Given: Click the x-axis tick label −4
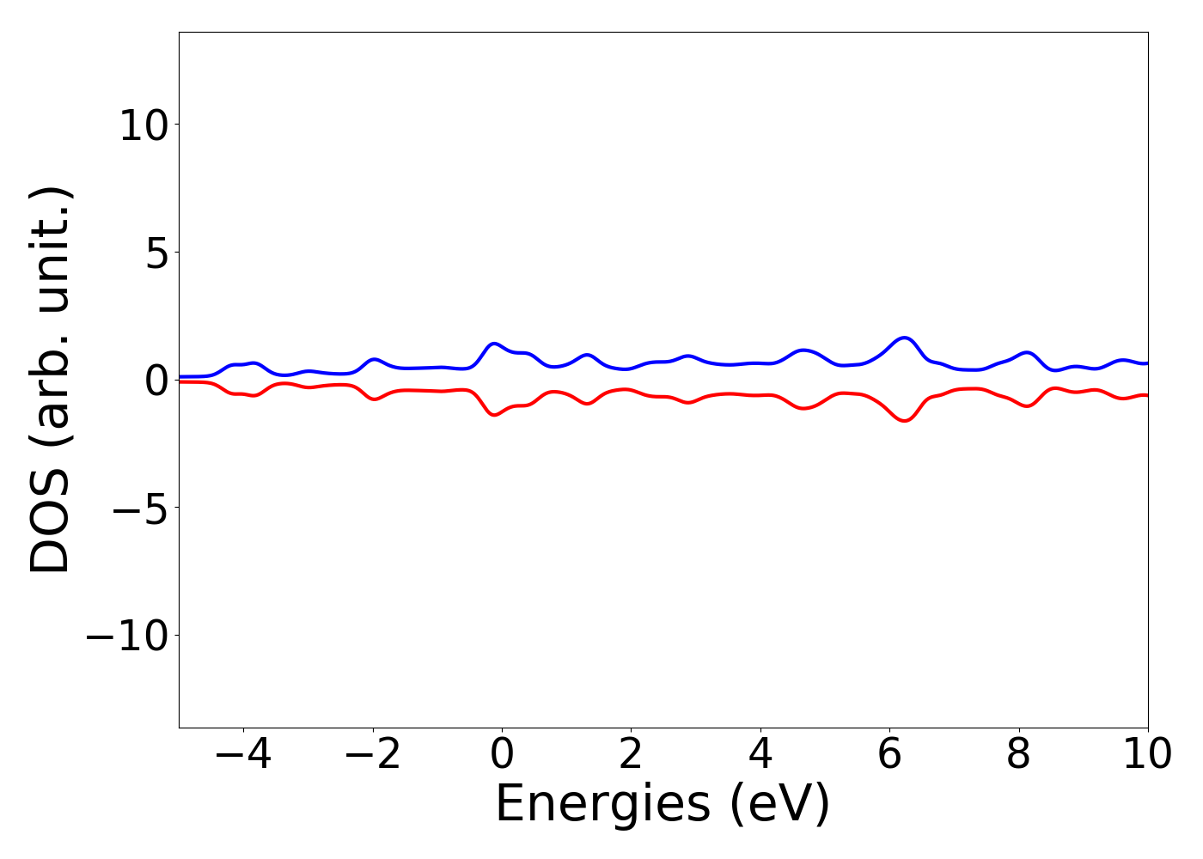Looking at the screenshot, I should pyautogui.click(x=243, y=755).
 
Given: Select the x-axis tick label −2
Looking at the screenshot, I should pyautogui.click(x=372, y=755).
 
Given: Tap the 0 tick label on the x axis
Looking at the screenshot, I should pyautogui.click(x=502, y=755).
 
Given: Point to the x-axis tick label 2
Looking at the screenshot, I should pyautogui.click(x=631, y=755).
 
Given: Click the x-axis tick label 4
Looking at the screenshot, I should pyautogui.click(x=760, y=755).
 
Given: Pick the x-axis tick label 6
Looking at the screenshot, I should pyautogui.click(x=889, y=755).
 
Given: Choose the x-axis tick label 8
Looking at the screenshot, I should pyautogui.click(x=1018, y=755).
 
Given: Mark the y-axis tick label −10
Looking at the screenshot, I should pyautogui.click(x=132, y=637).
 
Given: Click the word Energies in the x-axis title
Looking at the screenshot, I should pyautogui.click(x=602, y=805).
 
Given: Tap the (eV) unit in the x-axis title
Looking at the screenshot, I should pyautogui.click(x=779, y=805).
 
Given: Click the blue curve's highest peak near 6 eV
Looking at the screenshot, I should pyautogui.click(x=904, y=338).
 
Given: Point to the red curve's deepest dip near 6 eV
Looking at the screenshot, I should pyautogui.click(x=904, y=421).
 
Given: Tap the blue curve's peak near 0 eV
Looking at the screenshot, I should pyautogui.click(x=494, y=344).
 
